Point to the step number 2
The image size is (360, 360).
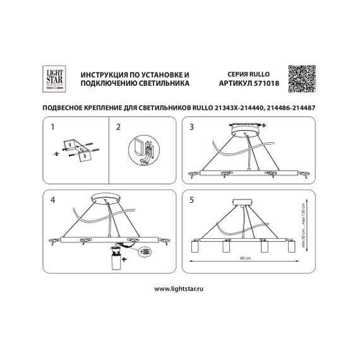(118, 127)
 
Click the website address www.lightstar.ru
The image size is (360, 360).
(179, 288)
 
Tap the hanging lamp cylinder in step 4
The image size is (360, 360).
(116, 261)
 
